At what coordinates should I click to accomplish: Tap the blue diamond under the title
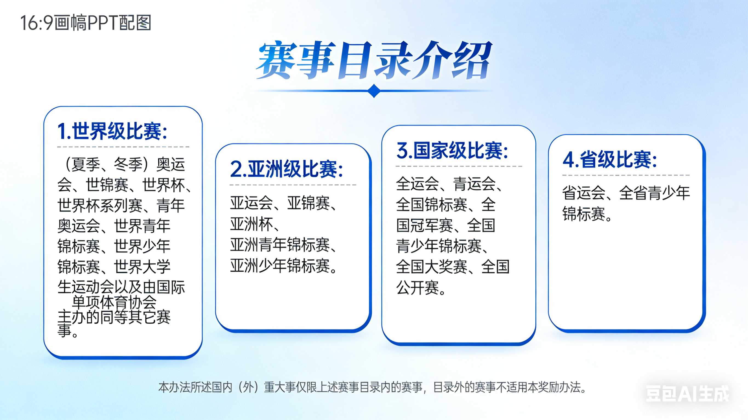coord(374,91)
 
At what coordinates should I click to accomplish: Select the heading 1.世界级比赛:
coord(112,131)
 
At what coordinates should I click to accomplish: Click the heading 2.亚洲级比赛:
coord(286,169)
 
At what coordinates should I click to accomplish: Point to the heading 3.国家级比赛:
coord(452,150)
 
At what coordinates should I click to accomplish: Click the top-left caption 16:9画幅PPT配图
coord(86,23)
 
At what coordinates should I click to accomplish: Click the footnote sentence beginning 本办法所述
coord(372,387)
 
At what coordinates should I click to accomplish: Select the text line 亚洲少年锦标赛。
coord(284,266)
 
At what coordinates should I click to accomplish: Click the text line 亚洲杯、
coord(255,224)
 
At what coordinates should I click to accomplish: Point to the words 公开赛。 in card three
coord(421,288)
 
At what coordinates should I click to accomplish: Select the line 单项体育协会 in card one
coord(114,302)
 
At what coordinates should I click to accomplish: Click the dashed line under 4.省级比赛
coord(626,175)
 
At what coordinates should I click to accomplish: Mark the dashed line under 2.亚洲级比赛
coord(293,185)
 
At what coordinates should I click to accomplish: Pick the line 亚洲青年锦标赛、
coord(283,245)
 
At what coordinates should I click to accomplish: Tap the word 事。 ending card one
coord(68,331)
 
